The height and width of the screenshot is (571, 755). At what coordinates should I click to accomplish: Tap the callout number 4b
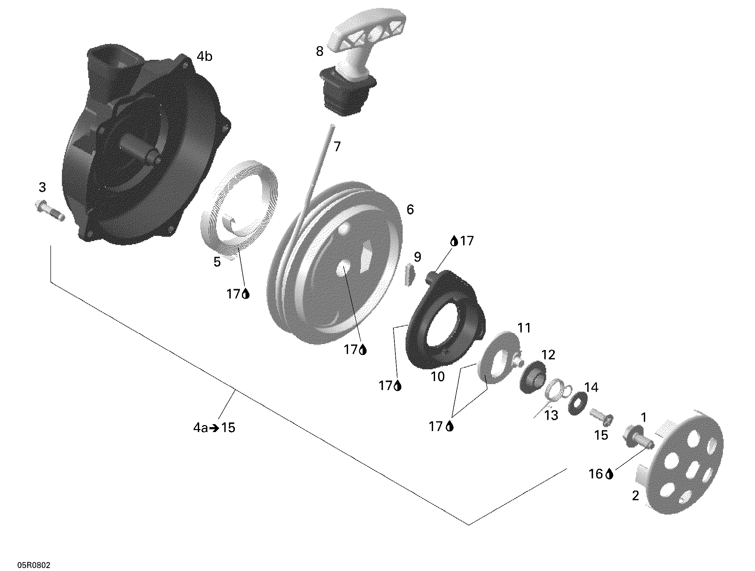(x=204, y=57)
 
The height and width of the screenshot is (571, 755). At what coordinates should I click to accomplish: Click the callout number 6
(x=410, y=209)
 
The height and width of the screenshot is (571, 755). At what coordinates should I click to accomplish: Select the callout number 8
(x=320, y=52)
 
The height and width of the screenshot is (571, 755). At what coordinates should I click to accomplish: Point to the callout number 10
(x=438, y=377)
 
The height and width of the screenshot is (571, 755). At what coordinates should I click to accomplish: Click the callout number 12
(x=549, y=355)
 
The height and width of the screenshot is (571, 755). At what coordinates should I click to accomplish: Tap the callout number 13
(x=551, y=416)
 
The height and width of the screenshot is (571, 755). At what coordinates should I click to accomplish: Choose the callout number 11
(x=524, y=328)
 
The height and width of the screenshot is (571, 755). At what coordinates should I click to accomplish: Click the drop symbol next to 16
(x=610, y=474)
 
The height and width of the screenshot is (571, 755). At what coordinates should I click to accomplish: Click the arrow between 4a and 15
(x=215, y=428)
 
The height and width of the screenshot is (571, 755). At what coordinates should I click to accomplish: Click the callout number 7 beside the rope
(x=337, y=147)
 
